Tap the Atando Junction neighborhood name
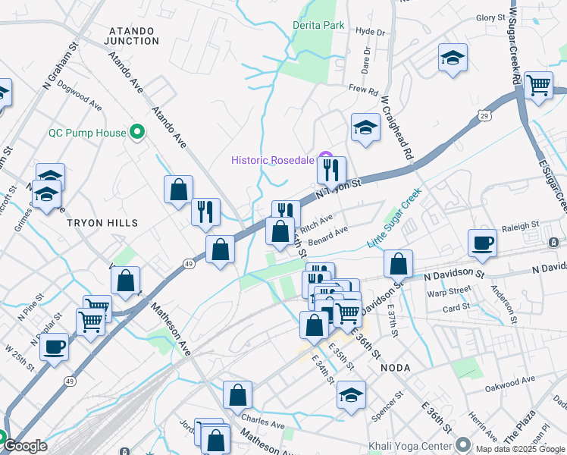[x=133, y=36]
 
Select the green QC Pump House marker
[x=137, y=133]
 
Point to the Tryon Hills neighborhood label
[x=102, y=223]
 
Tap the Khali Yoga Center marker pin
[x=463, y=444]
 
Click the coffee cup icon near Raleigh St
[x=482, y=243]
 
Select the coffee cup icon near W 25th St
[x=55, y=348]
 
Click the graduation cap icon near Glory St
[x=453, y=58]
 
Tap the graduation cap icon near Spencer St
[x=351, y=395]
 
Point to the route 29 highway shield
[x=483, y=115]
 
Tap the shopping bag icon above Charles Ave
[x=237, y=395]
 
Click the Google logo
[x=25, y=446]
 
